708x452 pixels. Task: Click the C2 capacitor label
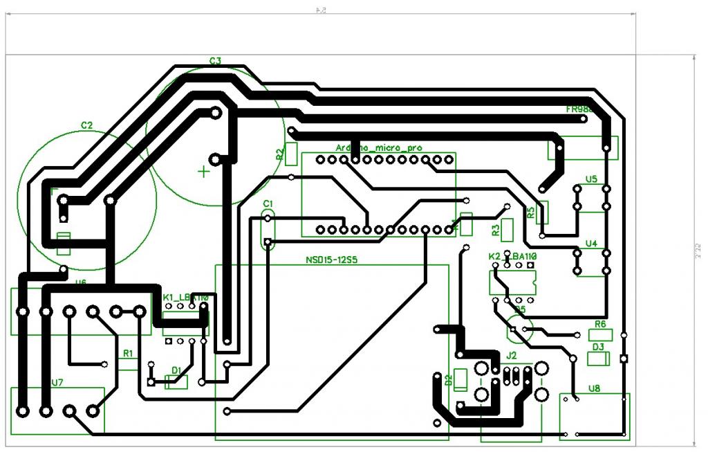[x=86, y=125]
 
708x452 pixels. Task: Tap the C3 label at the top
[x=215, y=61]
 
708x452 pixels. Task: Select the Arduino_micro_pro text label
[x=378, y=147]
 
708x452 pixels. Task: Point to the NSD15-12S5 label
[x=335, y=260]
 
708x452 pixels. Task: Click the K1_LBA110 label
[x=185, y=298]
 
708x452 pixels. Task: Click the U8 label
[x=595, y=388]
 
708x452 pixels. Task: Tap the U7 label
[x=57, y=383]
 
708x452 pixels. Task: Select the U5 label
[x=591, y=179]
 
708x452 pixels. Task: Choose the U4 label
[x=591, y=244]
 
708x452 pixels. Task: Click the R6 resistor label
[x=600, y=324]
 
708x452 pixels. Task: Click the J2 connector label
[x=511, y=355]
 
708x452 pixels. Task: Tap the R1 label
[x=128, y=353]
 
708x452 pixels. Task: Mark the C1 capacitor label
[x=268, y=203]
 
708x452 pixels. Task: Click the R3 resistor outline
[x=508, y=229]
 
